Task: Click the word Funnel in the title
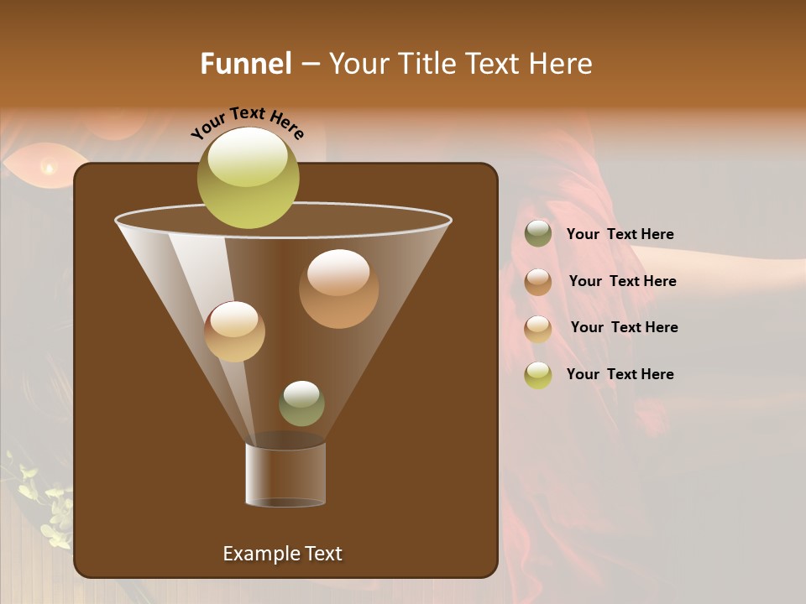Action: [245, 64]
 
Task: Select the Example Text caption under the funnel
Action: [282, 554]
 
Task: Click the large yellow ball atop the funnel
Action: [248, 178]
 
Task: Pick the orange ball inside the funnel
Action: [338, 289]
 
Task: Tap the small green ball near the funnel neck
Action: [301, 404]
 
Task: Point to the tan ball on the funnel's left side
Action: [234, 331]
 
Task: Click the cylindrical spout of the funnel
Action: [285, 474]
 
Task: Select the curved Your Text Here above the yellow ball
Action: [247, 122]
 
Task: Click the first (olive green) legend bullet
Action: [538, 234]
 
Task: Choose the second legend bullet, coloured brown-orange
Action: [538, 282]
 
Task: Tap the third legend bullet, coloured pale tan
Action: [538, 328]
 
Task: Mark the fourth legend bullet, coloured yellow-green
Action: [538, 375]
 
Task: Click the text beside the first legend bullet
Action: [620, 235]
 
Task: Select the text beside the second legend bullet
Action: [622, 282]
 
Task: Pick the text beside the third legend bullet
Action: [624, 328]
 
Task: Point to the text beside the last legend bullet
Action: [620, 375]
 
